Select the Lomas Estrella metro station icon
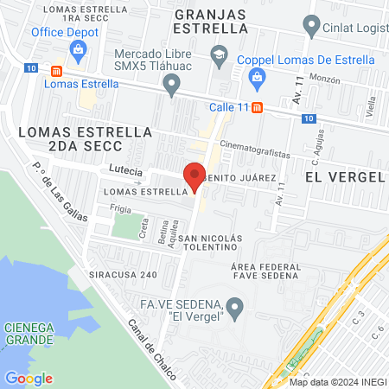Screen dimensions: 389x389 tap(57, 71)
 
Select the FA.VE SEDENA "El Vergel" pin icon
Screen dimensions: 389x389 tap(234, 306)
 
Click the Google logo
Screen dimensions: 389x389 tap(28, 378)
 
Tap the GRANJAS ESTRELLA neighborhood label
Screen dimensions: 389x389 tap(211, 20)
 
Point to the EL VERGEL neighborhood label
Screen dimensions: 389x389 tap(344, 175)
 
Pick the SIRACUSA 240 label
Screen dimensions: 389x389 tap(124, 274)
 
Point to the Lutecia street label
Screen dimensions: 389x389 tap(124, 170)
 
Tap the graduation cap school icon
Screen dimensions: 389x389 tap(219, 55)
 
